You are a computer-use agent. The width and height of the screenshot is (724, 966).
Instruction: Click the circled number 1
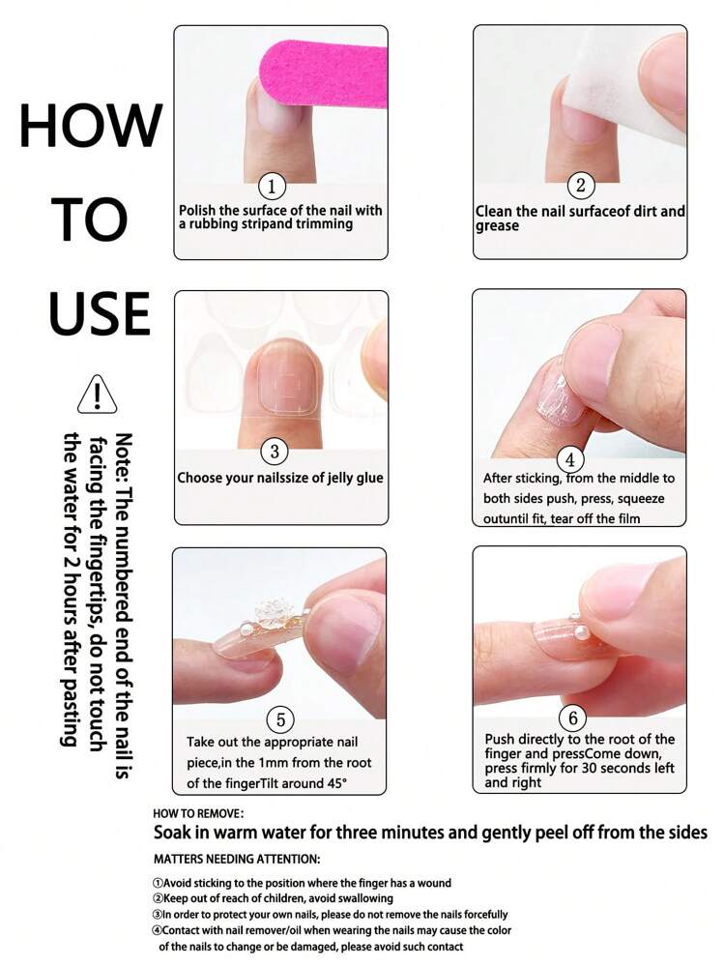point(272,186)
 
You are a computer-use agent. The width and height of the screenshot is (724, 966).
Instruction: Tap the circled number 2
point(581,185)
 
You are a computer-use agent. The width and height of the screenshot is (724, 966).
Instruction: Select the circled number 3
point(275,452)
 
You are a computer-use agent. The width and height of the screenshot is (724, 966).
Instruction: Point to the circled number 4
point(570,459)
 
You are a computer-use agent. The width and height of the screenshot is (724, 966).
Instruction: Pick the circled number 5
point(280,719)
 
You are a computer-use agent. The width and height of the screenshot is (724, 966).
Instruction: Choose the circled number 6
point(573,717)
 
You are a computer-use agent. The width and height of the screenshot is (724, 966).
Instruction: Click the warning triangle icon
point(98,394)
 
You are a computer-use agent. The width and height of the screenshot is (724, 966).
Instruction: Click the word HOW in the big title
point(92,126)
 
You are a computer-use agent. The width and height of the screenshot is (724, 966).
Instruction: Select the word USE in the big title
point(100,313)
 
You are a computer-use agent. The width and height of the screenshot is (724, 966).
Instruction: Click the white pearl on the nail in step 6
point(580,632)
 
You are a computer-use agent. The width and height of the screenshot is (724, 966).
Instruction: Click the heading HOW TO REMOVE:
point(198,814)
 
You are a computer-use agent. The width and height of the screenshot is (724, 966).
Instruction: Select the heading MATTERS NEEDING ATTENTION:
point(237,859)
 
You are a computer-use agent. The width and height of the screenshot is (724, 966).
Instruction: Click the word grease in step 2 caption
point(497,226)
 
